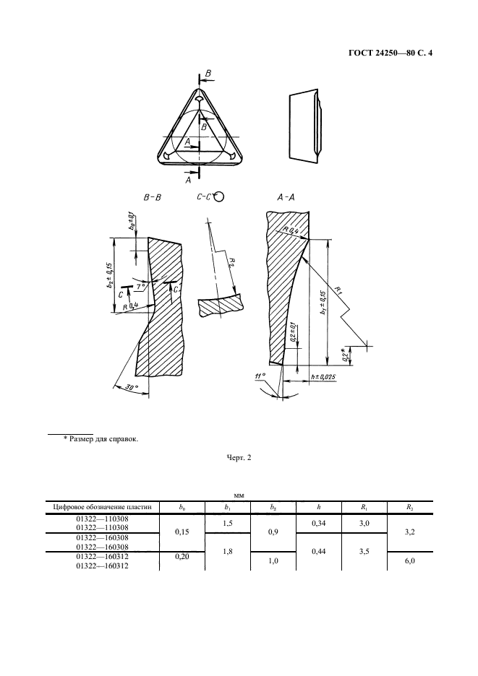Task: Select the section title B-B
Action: pyautogui.click(x=153, y=196)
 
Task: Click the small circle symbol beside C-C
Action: pyautogui.click(x=218, y=196)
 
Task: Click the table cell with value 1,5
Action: pyautogui.click(x=228, y=523)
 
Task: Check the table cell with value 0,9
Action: pyautogui.click(x=273, y=533)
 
